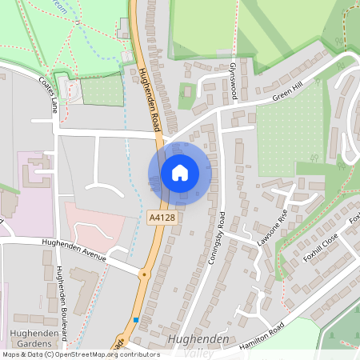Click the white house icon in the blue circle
tap(179, 172)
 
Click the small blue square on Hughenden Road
tap(137, 320)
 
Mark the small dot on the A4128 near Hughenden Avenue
tap(143, 274)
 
